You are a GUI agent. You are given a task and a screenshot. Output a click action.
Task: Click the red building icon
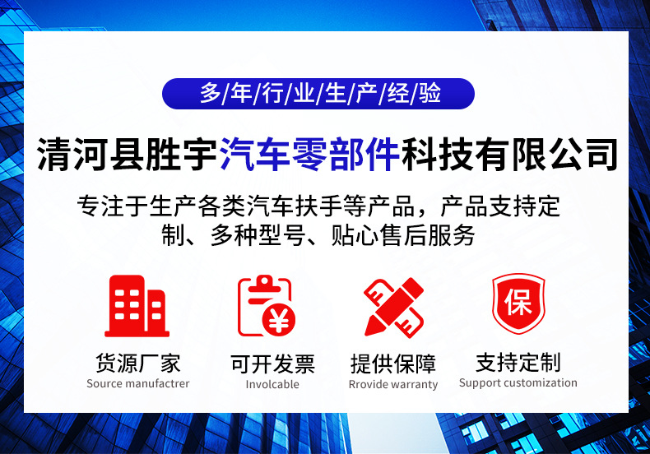(137, 306)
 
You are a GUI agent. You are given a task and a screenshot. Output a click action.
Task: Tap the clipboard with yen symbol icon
(266, 306)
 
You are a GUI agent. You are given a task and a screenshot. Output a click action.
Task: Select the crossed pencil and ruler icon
(394, 307)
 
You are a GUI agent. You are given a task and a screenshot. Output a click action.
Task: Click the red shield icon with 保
(518, 303)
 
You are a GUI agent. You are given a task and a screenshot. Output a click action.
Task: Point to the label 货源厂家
(138, 364)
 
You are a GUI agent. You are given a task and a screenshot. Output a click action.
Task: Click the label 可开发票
(272, 364)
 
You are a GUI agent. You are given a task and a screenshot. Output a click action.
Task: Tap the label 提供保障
(393, 364)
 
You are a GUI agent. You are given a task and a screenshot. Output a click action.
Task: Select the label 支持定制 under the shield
(518, 363)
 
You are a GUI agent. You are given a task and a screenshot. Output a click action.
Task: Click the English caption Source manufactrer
(138, 383)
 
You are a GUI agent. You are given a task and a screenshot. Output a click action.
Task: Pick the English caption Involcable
(272, 384)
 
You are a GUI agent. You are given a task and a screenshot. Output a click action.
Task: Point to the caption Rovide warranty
(393, 385)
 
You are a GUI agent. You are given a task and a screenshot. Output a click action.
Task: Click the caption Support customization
(518, 383)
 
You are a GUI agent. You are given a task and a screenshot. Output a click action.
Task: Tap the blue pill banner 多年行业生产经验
(318, 94)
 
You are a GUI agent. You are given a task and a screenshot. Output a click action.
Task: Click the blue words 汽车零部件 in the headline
(309, 154)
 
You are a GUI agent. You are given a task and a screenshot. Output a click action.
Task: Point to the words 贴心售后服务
(402, 235)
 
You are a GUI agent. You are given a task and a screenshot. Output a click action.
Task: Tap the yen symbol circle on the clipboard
(279, 320)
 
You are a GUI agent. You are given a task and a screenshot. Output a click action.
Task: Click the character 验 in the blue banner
(429, 93)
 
